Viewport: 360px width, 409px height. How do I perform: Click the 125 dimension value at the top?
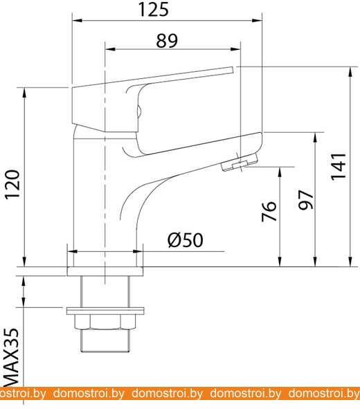(154, 10)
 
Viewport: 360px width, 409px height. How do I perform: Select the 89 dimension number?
(167, 41)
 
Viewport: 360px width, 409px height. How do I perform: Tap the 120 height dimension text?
(12, 184)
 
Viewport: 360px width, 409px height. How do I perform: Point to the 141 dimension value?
(339, 166)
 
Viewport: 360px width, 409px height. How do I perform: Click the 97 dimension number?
(306, 200)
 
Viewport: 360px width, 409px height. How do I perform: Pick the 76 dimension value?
(269, 211)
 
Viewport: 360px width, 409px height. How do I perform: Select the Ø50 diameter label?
(185, 240)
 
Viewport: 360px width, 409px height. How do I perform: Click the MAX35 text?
(12, 357)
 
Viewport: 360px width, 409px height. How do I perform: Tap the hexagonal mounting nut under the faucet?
(105, 322)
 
